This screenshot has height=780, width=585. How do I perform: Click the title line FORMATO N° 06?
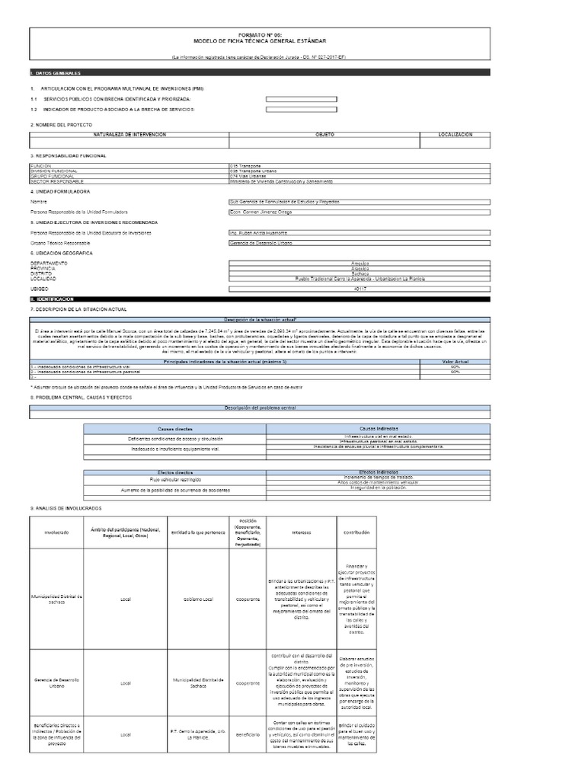point(291,35)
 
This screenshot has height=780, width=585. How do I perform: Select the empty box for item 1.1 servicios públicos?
point(299,99)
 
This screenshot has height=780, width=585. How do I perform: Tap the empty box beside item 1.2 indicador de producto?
point(299,110)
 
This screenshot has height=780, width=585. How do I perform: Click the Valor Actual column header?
point(456,362)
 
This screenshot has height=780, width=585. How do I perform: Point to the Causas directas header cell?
point(174,429)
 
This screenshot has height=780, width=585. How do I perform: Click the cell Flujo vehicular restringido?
point(174,481)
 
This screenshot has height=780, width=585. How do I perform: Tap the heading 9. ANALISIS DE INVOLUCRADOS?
point(66,508)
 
